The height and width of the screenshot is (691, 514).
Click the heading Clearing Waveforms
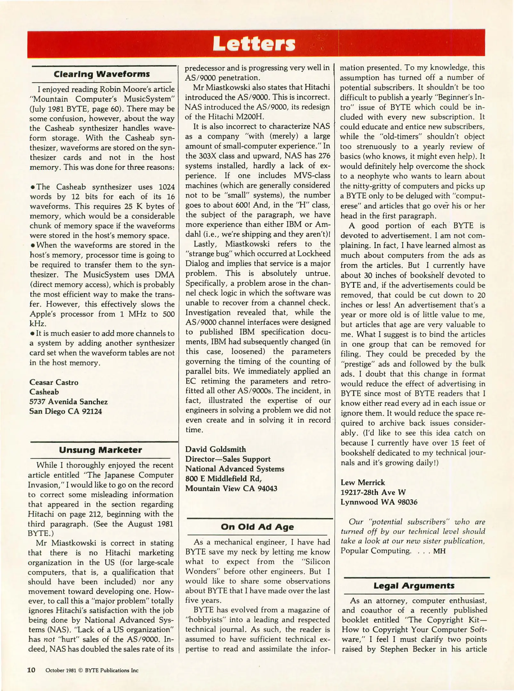click(x=102, y=74)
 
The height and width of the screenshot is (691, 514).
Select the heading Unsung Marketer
click(x=100, y=450)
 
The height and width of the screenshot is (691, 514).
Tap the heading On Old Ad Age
click(x=257, y=527)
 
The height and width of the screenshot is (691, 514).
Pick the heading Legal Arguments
click(x=414, y=586)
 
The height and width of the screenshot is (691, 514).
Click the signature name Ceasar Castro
click(x=54, y=382)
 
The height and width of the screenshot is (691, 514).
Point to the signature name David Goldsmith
click(x=216, y=449)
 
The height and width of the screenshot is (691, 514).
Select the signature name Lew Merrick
click(x=363, y=482)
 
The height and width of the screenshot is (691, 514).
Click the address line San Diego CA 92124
click(x=66, y=411)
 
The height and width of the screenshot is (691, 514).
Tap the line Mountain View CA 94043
click(x=231, y=488)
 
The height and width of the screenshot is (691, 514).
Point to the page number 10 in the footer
click(x=31, y=670)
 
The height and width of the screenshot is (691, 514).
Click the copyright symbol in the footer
click(x=80, y=671)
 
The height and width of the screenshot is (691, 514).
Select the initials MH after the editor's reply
click(x=439, y=551)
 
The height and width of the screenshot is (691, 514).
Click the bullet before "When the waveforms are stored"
click(x=32, y=246)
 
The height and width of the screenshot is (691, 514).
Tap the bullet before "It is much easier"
click(x=32, y=334)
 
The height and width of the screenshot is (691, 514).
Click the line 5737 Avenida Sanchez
click(x=68, y=402)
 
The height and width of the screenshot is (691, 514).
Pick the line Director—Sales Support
click(x=228, y=459)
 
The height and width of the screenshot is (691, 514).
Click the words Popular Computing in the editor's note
click(x=375, y=551)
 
